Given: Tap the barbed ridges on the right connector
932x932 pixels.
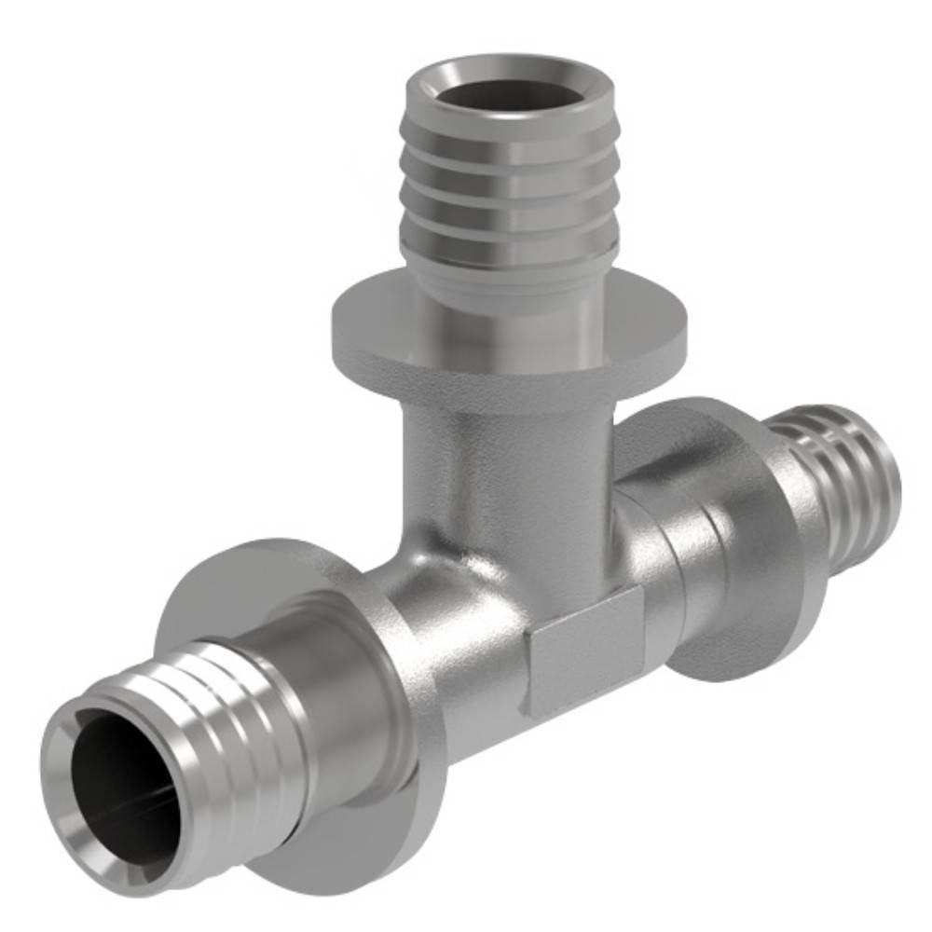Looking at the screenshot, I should [x=843, y=485].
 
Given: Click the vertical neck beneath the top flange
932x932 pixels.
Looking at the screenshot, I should [x=508, y=457].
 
